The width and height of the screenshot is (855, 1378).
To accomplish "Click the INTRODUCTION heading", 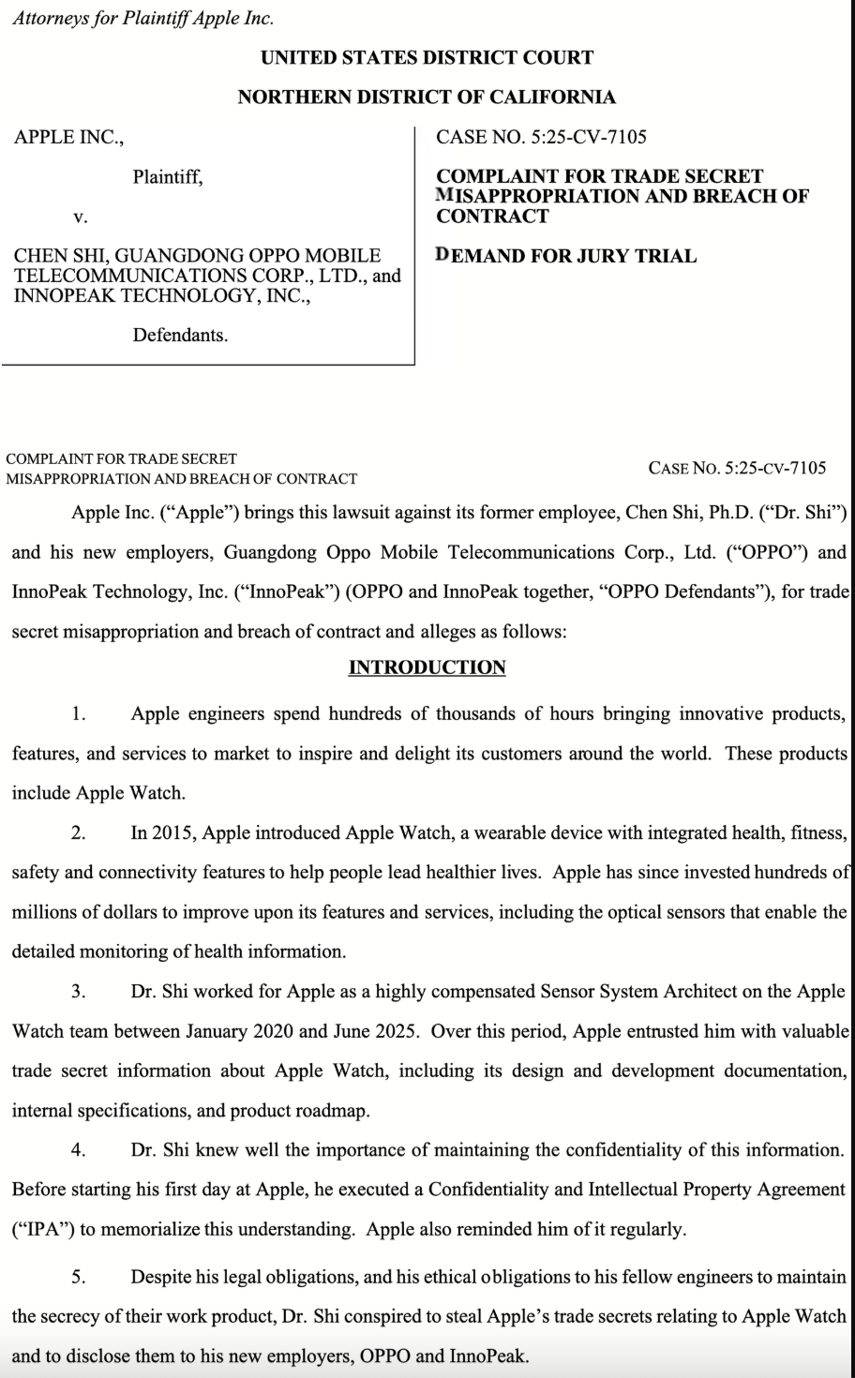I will coord(427,667).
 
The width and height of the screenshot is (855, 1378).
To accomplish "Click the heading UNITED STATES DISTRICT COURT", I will coord(427,57).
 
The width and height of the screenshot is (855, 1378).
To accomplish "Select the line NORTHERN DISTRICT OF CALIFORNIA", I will coord(427,97).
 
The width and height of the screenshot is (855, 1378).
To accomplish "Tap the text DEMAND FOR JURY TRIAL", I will coord(566,255).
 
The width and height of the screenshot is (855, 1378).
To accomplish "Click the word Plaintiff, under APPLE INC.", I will coord(167,176).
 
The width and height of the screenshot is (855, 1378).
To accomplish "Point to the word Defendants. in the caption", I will coord(180,334).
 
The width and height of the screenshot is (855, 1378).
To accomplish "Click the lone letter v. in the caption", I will coord(81,217).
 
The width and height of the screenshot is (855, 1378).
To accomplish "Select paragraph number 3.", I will coord(79,991).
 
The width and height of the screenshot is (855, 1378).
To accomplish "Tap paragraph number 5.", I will coord(79,1277).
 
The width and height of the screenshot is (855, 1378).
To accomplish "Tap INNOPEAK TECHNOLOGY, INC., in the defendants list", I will coord(161,296).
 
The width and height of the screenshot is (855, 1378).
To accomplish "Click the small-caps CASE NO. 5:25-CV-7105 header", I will coord(737,467).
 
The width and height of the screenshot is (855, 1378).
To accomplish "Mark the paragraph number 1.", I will coord(79,714).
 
